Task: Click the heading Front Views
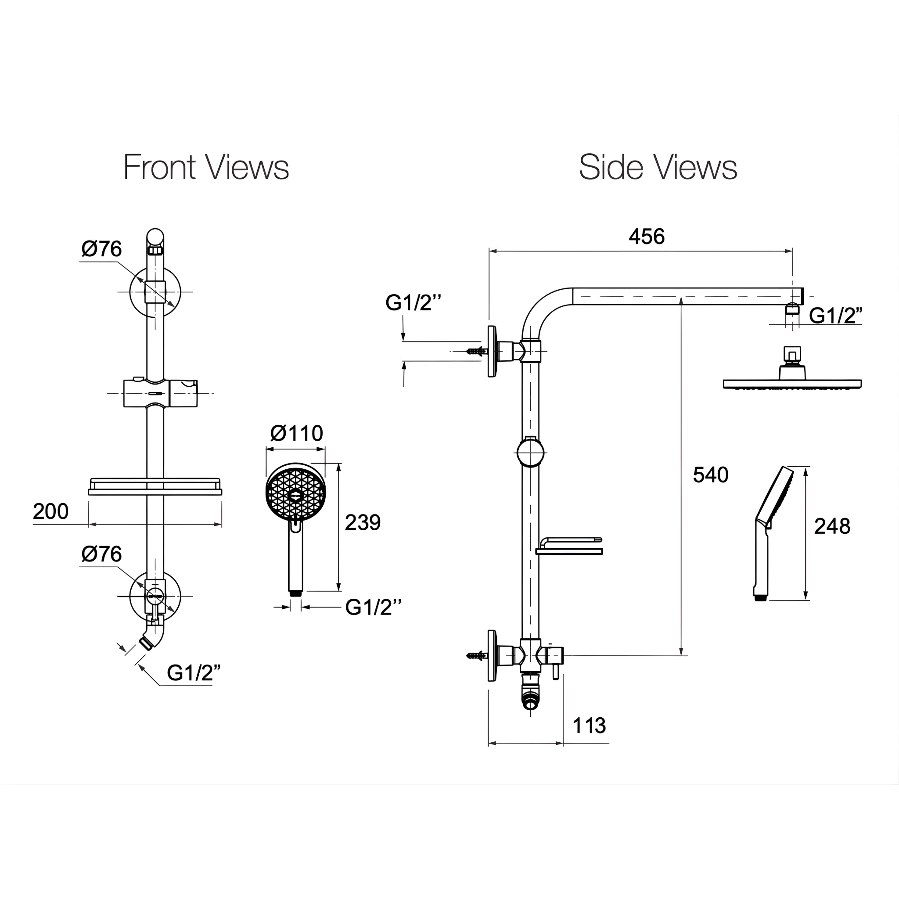pos(206,167)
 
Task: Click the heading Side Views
pos(658,167)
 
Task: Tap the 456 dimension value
pos(647,237)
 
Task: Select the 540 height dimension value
pos(711,475)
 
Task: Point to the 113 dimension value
pos(589,726)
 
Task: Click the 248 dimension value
pos(832,526)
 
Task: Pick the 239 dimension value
pos(363,522)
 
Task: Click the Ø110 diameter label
pos(296,434)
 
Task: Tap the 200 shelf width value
pos(51,511)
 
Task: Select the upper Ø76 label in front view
pos(101,248)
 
